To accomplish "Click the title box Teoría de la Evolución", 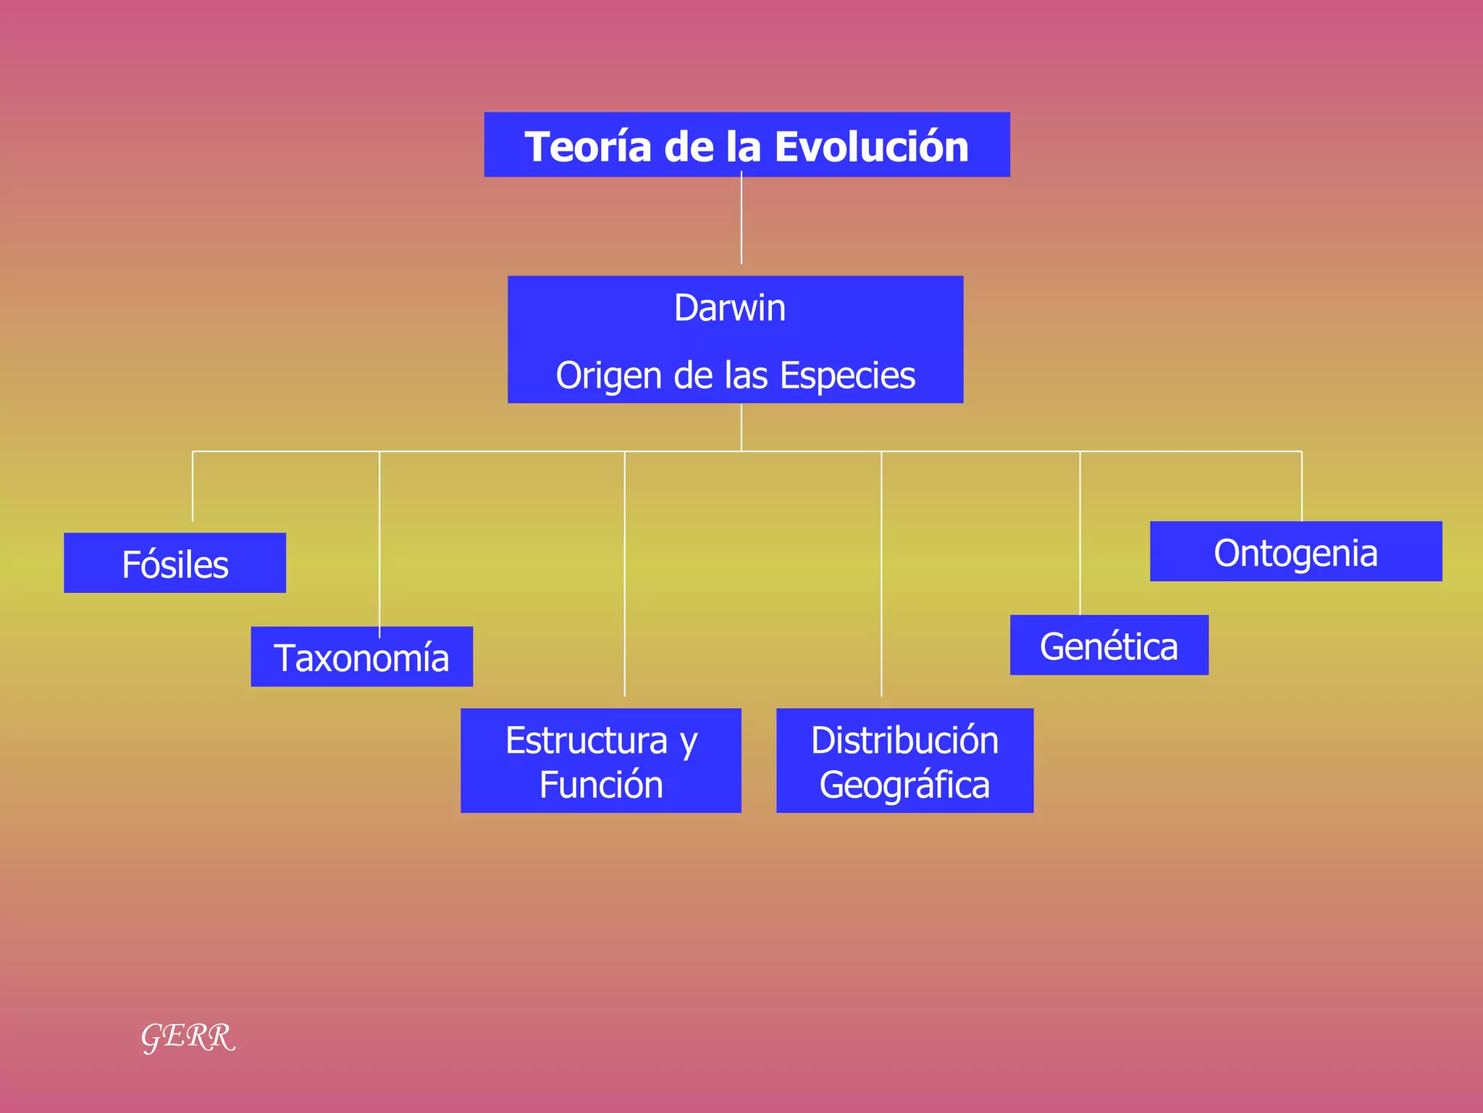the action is tap(747, 145).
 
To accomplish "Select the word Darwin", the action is tap(730, 308).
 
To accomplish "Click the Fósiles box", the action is tap(175, 563).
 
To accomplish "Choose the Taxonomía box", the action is tap(361, 656).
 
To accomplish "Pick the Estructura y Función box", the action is tap(600, 760).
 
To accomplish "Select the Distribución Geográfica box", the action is tap(904, 760).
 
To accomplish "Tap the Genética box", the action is tap(1109, 645).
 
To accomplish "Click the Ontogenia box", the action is tap(1295, 551).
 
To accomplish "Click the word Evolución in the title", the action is tap(871, 146).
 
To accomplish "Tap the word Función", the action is tap(601, 785).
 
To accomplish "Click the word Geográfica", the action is tap(904, 785).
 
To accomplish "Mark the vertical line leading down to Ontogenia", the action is tap(1301, 485).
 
